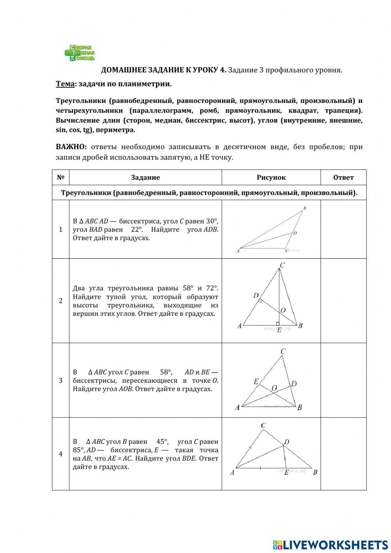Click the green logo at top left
pos(80,53)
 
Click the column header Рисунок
pos(271,177)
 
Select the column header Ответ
pos(343,177)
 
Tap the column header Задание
pos(145,177)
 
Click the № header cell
pos(61,177)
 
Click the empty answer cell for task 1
pos(343,229)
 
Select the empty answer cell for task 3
pos(343,380)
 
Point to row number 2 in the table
pos(61,301)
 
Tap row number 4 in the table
pos(61,454)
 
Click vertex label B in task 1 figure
pos(305,208)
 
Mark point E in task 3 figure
pos(256,382)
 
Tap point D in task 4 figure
pos(287,442)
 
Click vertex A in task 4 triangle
pos(232,472)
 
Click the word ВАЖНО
pos(71,147)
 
